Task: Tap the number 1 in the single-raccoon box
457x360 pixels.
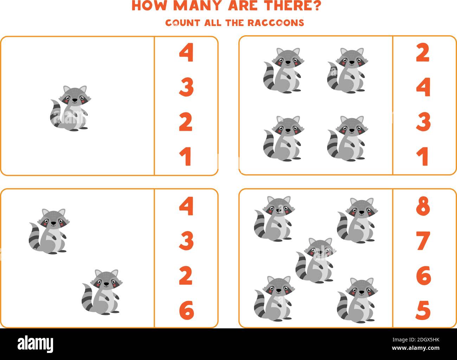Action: click(x=186, y=157)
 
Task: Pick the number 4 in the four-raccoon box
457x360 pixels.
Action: click(x=423, y=87)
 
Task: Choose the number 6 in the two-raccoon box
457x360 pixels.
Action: click(x=186, y=310)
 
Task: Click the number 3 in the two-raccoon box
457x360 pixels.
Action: click(x=186, y=241)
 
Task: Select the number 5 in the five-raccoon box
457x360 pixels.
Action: click(x=423, y=310)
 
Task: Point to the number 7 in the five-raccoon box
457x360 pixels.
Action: click(x=423, y=241)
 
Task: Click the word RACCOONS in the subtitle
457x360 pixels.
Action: click(x=276, y=23)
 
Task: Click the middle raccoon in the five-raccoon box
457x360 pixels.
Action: click(x=315, y=260)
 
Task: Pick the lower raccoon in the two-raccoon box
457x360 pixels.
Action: click(x=102, y=292)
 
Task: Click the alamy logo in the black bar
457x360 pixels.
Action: click(x=36, y=343)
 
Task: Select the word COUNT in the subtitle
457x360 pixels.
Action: click(x=178, y=23)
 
